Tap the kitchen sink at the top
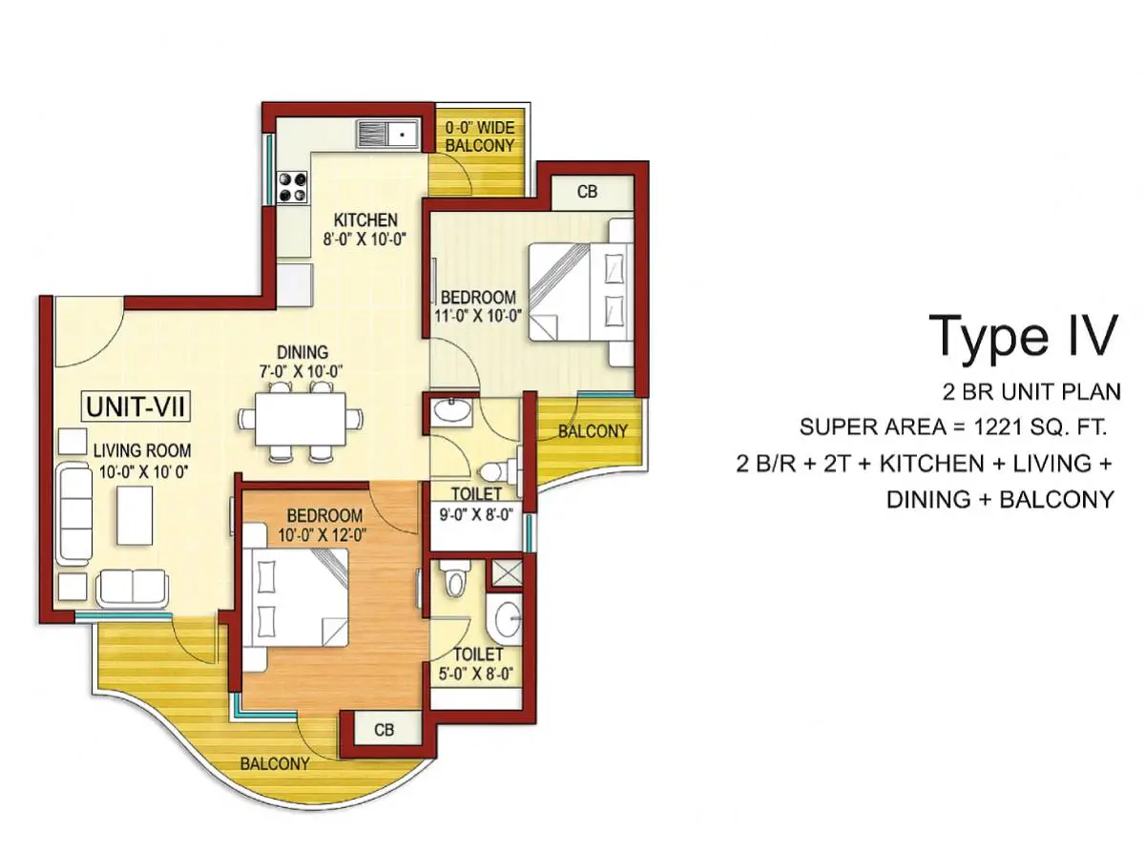(388, 134)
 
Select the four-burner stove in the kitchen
(291, 186)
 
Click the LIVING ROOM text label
(142, 450)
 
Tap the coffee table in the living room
(133, 515)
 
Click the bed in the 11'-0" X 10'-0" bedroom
(579, 291)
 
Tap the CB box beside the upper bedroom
(588, 192)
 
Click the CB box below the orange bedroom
(385, 731)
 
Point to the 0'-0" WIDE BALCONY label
(480, 135)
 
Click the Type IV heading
(1022, 335)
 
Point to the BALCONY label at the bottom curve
(275, 764)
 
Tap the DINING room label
(302, 352)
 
